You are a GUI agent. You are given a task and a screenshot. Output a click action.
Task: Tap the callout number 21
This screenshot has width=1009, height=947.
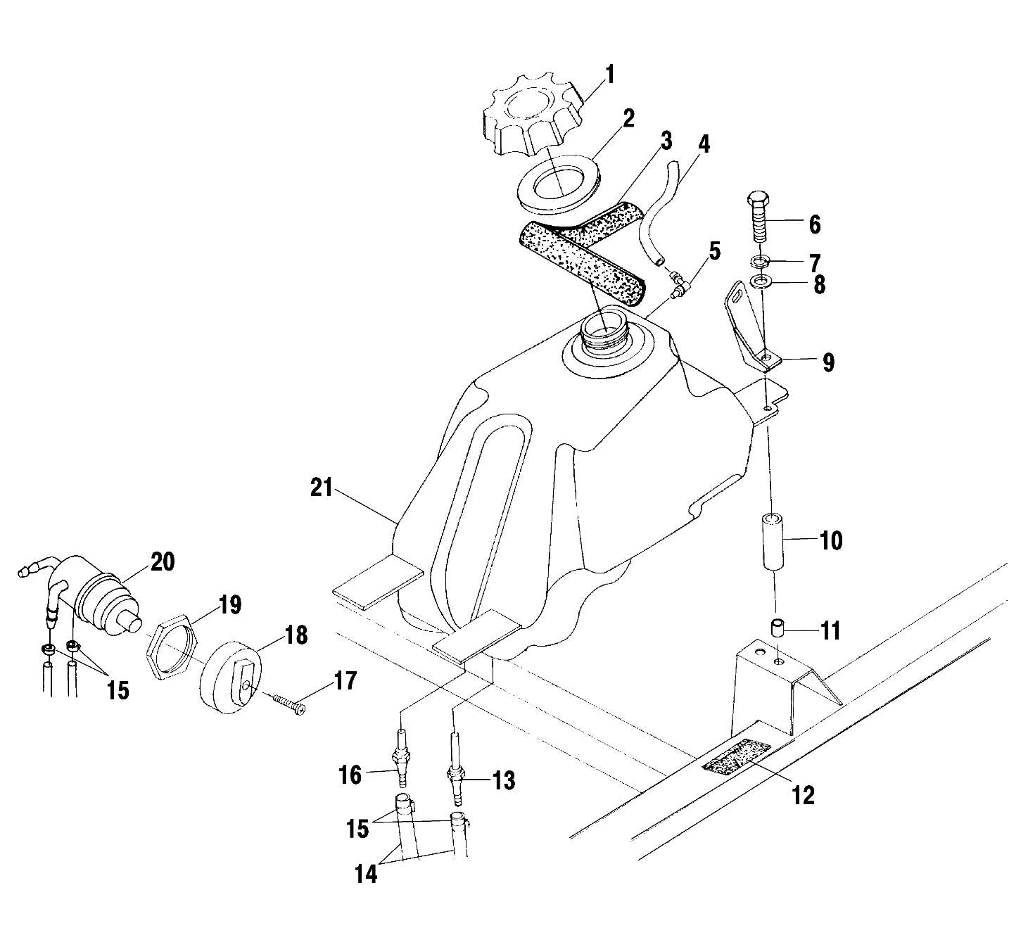pos(322,488)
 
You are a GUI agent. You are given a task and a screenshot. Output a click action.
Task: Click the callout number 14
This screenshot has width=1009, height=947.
pos(366,874)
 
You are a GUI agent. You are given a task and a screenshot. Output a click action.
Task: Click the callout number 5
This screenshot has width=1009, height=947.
pos(715,250)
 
